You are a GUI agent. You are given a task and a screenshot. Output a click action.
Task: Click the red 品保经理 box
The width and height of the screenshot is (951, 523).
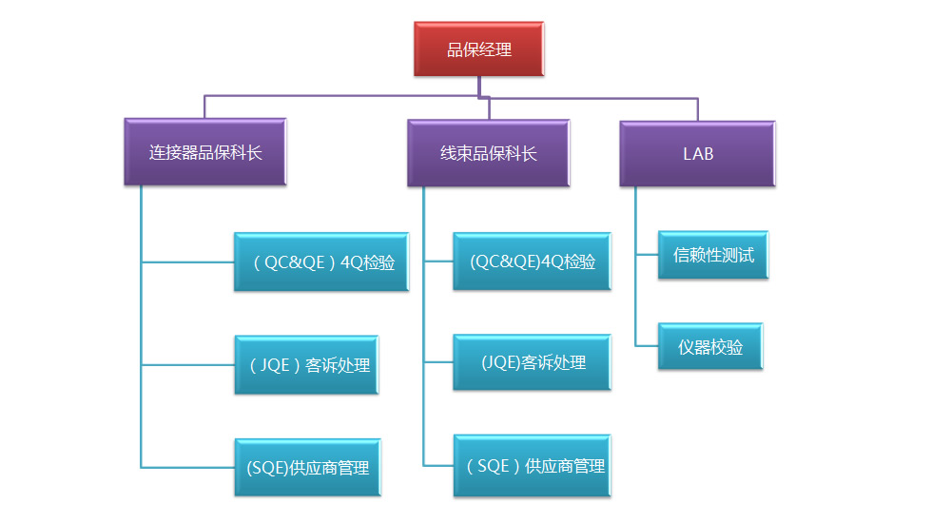pyautogui.click(x=479, y=49)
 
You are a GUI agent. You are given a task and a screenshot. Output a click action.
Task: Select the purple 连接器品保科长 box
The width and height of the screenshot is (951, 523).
pyautogui.click(x=204, y=152)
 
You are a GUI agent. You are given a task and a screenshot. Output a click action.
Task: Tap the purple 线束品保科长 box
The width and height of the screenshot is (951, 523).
pyautogui.click(x=488, y=152)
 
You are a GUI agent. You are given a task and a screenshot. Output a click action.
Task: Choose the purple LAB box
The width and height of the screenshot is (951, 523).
pyautogui.click(x=697, y=152)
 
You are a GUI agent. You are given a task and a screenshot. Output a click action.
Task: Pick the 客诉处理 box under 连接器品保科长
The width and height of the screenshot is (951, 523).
pyautogui.click(x=307, y=364)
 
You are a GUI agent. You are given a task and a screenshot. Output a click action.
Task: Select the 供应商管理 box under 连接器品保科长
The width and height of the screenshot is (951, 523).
pyautogui.click(x=307, y=467)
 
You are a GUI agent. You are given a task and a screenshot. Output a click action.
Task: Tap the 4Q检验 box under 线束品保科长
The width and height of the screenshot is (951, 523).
pyautogui.click(x=532, y=261)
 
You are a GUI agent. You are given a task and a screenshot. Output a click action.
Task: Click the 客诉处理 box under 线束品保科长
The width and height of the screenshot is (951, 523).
pyautogui.click(x=532, y=362)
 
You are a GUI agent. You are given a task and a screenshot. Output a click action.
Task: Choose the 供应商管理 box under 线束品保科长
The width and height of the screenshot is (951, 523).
pyautogui.click(x=532, y=466)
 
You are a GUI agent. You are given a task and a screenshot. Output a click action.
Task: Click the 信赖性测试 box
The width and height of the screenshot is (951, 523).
pyautogui.click(x=713, y=254)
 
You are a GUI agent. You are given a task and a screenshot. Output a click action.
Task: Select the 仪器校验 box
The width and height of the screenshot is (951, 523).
pyautogui.click(x=710, y=346)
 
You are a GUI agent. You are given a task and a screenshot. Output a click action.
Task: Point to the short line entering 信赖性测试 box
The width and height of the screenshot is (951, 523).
pyautogui.click(x=647, y=254)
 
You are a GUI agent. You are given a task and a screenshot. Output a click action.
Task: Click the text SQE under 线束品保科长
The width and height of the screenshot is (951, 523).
pyautogui.click(x=494, y=466)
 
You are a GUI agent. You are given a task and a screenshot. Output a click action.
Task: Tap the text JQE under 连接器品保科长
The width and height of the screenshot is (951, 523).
pyautogui.click(x=276, y=364)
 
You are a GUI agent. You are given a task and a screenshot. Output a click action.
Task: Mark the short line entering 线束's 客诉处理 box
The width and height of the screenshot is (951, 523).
pyautogui.click(x=438, y=362)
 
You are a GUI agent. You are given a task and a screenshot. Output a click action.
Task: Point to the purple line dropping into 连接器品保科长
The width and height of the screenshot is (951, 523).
pyautogui.click(x=204, y=107)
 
